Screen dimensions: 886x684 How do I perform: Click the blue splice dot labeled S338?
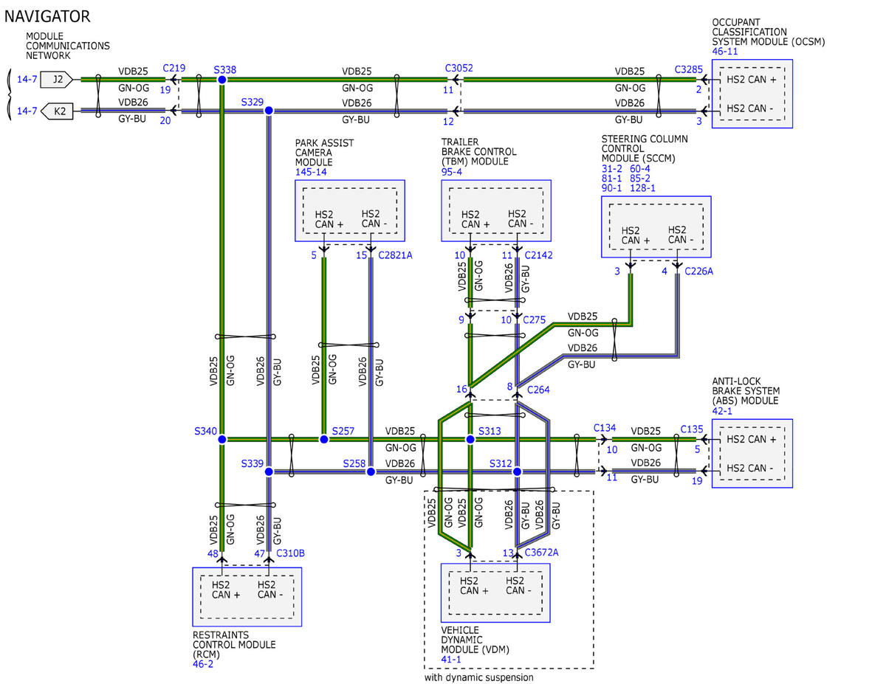[x=221, y=80]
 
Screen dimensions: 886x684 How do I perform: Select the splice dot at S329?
[x=269, y=111]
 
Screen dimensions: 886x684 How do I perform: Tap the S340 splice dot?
[x=221, y=439]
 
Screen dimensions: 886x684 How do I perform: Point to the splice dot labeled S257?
[x=323, y=439]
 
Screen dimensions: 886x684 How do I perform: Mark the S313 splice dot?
[x=470, y=439]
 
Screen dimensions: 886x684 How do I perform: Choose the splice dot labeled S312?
[x=517, y=471]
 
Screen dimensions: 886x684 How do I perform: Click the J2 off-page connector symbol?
[x=57, y=79]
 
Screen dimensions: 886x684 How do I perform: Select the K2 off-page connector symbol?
[x=57, y=111]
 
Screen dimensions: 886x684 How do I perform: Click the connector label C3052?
[x=459, y=68]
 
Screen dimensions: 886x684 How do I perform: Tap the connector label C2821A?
[x=395, y=255]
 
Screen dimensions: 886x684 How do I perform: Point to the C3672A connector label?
[x=541, y=553]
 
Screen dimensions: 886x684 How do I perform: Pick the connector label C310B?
[x=290, y=553]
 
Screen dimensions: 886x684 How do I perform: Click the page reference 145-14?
[x=311, y=172]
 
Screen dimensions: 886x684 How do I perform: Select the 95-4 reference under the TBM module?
[x=451, y=172]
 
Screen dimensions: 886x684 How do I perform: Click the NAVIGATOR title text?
[x=47, y=16]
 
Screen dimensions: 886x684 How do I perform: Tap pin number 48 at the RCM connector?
[x=213, y=553]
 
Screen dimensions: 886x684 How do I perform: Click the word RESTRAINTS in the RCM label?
[x=221, y=635]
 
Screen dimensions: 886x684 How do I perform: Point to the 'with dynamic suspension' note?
[x=478, y=677]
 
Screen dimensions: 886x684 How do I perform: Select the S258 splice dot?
[x=371, y=471]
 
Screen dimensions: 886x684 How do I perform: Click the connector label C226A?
[x=699, y=272]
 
